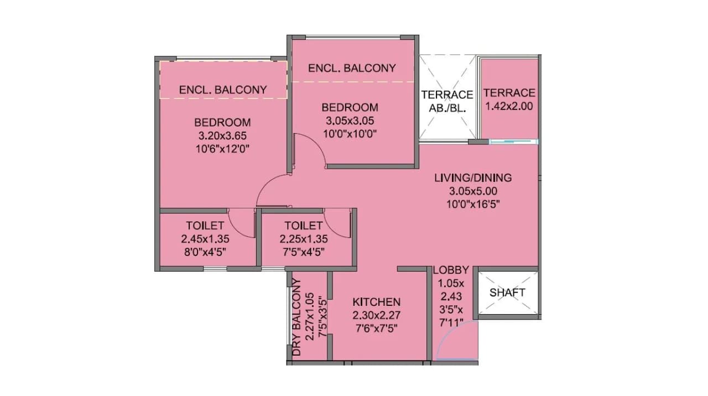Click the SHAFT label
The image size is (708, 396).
[x=507, y=293]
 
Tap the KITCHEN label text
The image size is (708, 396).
[x=376, y=302]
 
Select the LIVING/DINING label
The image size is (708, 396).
[x=472, y=178]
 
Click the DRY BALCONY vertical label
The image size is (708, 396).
[x=296, y=317]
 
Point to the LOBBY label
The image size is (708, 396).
[x=451, y=270]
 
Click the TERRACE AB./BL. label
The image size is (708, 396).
[x=447, y=101]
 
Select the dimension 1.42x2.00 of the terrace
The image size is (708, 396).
[x=509, y=106]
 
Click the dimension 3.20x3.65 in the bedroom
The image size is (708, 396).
[x=222, y=135]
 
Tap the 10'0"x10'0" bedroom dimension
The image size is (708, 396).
[x=350, y=133]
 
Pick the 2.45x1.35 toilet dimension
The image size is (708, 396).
[x=205, y=239]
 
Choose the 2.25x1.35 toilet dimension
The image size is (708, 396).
[x=303, y=239]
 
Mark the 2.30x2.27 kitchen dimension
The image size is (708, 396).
[x=376, y=315]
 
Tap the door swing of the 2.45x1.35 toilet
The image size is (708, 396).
[x=240, y=223]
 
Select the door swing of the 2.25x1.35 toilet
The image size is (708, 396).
[x=336, y=223]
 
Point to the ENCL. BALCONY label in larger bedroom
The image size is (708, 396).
[x=223, y=90]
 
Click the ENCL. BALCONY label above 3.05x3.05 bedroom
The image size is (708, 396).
[x=352, y=68]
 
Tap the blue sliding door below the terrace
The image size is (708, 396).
[x=513, y=142]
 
